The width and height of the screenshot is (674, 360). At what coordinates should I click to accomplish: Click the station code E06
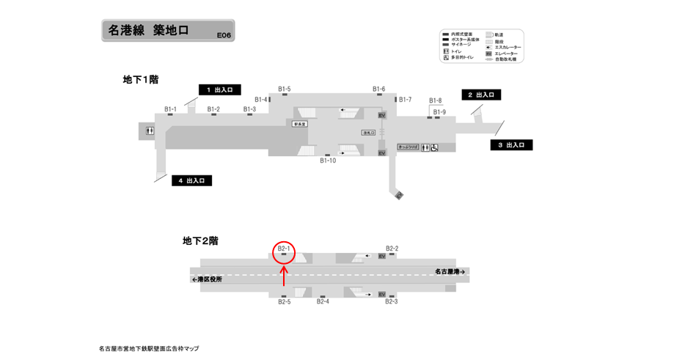[224, 34]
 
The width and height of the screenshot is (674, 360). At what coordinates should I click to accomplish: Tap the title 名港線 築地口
[148, 31]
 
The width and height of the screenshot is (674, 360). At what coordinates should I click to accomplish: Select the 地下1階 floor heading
[141, 79]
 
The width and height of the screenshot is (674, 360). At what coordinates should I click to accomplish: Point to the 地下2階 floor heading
[200, 240]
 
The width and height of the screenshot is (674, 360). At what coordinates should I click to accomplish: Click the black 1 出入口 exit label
[219, 89]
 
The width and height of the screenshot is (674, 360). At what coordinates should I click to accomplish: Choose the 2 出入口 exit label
[480, 95]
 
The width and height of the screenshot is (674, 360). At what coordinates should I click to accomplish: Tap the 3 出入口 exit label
[511, 145]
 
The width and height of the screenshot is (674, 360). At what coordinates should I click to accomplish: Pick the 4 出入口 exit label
[192, 180]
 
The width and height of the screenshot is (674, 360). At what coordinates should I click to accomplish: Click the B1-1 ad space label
[170, 109]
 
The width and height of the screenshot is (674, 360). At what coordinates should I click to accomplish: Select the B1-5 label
[285, 89]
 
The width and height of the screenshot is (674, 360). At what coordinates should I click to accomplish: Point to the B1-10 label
[328, 161]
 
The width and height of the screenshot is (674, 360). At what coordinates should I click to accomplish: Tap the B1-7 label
[406, 99]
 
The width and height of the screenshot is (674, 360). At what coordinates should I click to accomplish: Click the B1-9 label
[439, 112]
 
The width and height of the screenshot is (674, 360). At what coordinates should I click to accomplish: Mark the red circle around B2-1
[284, 251]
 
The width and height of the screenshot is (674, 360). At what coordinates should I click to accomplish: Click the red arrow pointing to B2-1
[284, 277]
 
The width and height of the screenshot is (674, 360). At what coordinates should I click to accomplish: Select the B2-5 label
[285, 301]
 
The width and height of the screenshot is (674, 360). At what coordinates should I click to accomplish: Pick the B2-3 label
[392, 301]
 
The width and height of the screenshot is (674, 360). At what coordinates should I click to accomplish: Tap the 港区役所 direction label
[205, 279]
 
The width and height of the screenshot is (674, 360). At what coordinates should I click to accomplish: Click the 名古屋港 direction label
[449, 271]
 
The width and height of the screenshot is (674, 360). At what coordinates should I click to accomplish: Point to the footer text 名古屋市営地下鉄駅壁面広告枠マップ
[148, 348]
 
